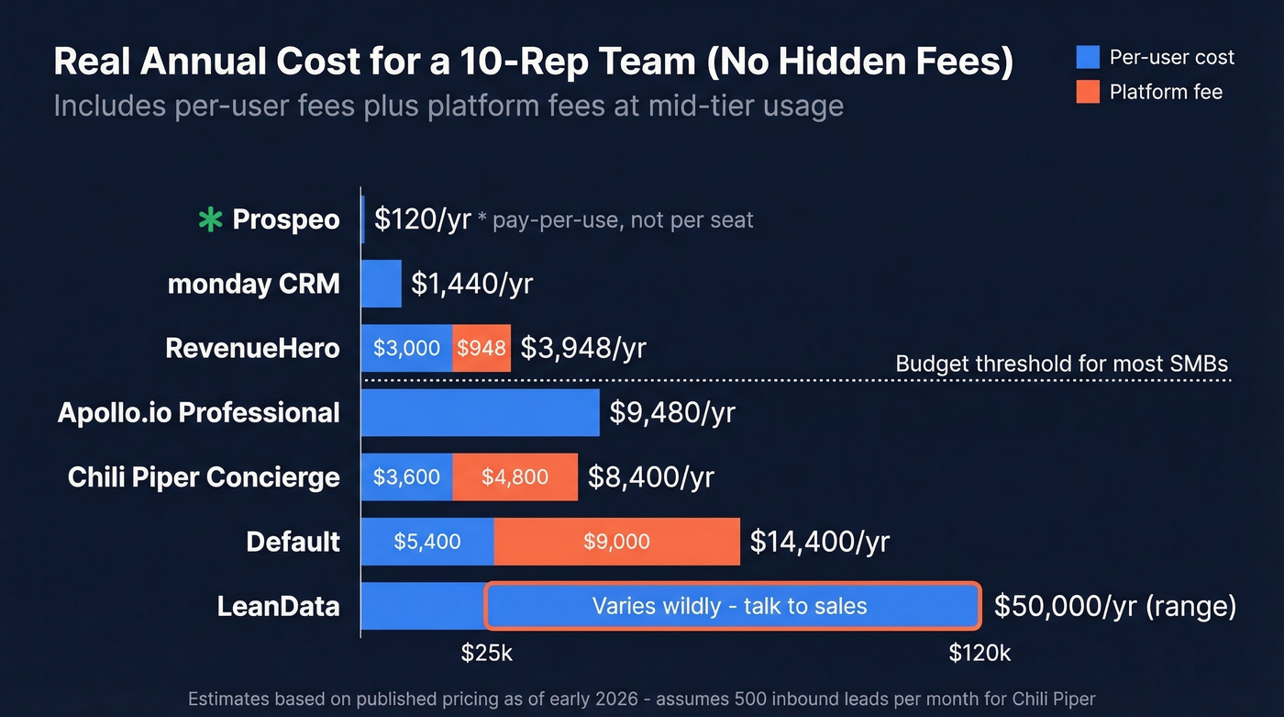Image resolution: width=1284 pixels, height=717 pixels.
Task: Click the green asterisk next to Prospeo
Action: (211, 220)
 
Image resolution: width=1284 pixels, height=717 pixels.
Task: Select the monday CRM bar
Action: (381, 284)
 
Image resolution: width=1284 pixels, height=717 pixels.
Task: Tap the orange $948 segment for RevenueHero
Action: (481, 348)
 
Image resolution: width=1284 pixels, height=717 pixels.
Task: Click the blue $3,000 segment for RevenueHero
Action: (406, 348)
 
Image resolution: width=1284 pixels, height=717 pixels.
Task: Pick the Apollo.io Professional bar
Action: (480, 412)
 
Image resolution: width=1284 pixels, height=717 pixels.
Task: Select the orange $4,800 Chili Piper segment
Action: (515, 476)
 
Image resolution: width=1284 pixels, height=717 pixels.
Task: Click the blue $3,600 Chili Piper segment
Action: (406, 476)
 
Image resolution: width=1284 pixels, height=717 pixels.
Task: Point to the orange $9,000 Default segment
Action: (616, 541)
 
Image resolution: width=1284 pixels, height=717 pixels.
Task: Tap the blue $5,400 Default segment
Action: (427, 541)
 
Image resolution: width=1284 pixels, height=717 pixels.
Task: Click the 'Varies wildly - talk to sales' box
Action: (732, 606)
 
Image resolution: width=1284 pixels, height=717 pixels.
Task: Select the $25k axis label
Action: (486, 654)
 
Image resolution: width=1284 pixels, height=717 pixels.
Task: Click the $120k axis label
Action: (980, 654)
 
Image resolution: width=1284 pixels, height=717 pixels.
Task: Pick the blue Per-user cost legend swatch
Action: (1088, 57)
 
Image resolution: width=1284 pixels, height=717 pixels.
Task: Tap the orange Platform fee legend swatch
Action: (1088, 92)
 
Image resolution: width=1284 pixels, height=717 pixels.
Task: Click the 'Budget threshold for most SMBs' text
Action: (1061, 364)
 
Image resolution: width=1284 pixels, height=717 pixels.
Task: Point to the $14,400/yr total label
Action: (819, 542)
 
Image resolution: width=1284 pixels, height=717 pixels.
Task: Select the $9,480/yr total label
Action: (672, 413)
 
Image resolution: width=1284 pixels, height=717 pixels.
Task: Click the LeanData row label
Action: (279, 606)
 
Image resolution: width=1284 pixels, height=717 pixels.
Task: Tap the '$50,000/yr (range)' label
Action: (1115, 606)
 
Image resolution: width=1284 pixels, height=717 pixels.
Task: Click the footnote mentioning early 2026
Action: (641, 700)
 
